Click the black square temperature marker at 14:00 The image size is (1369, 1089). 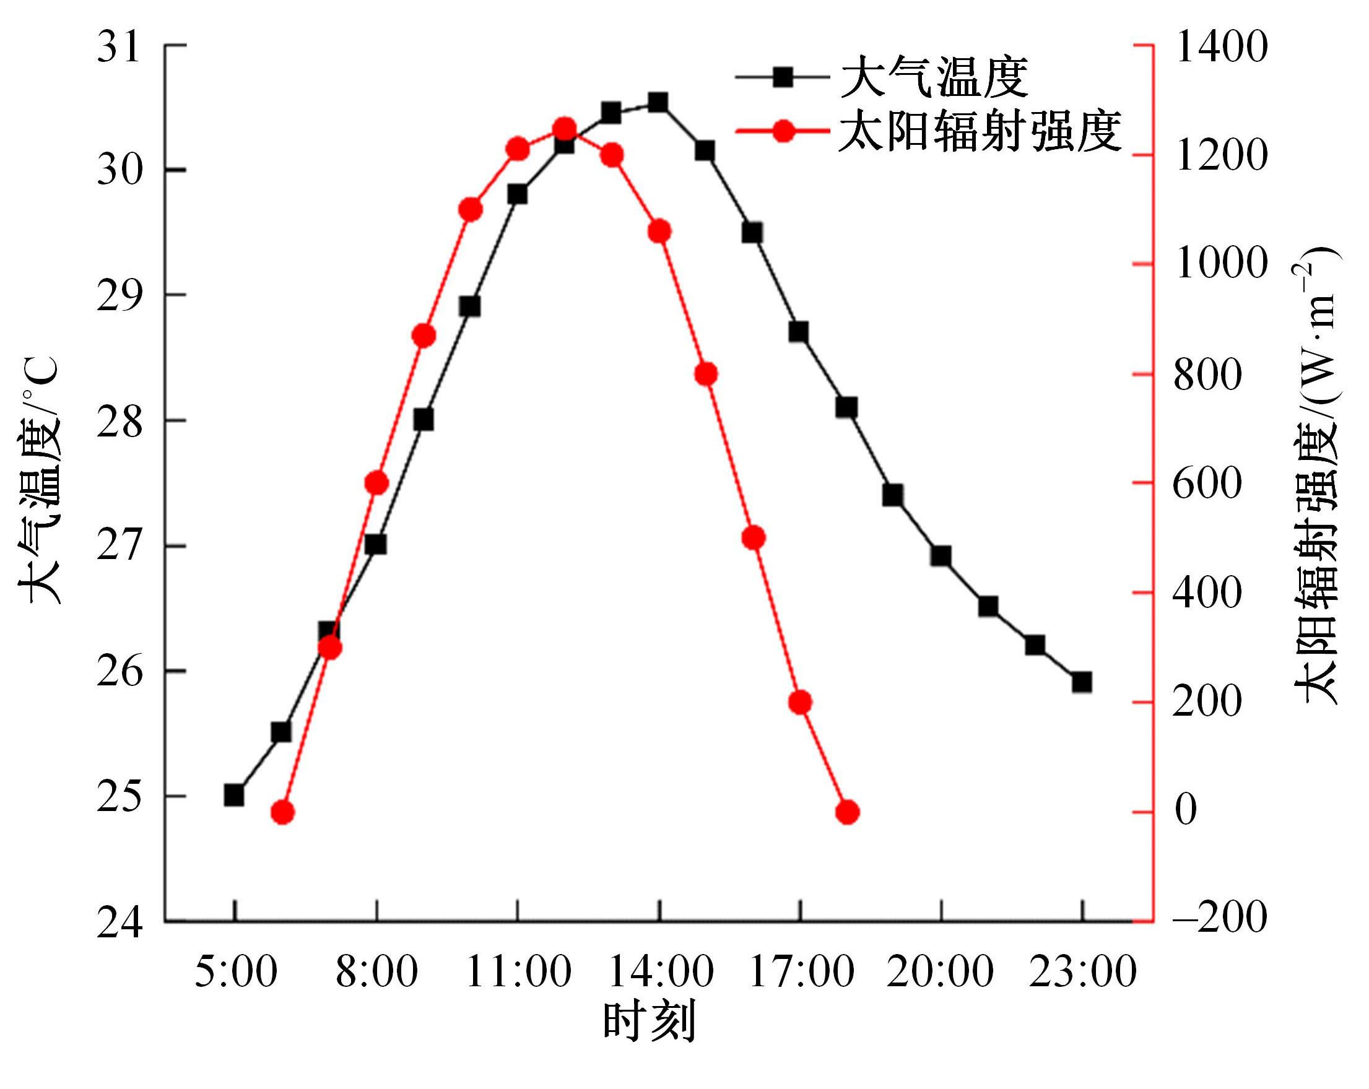[658, 102]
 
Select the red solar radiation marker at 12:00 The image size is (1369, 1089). [565, 129]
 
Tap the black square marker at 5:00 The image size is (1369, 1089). [234, 795]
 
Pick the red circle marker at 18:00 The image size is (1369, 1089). [848, 812]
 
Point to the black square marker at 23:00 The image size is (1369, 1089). [1082, 683]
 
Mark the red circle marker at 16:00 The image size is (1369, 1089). [754, 538]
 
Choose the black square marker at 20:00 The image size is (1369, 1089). [941, 556]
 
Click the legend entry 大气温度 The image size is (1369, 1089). [934, 78]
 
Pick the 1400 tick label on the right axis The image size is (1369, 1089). [1221, 47]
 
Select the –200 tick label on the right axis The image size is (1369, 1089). [1220, 919]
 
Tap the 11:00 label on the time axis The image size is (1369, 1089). [519, 973]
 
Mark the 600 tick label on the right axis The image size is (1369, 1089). [1206, 484]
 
